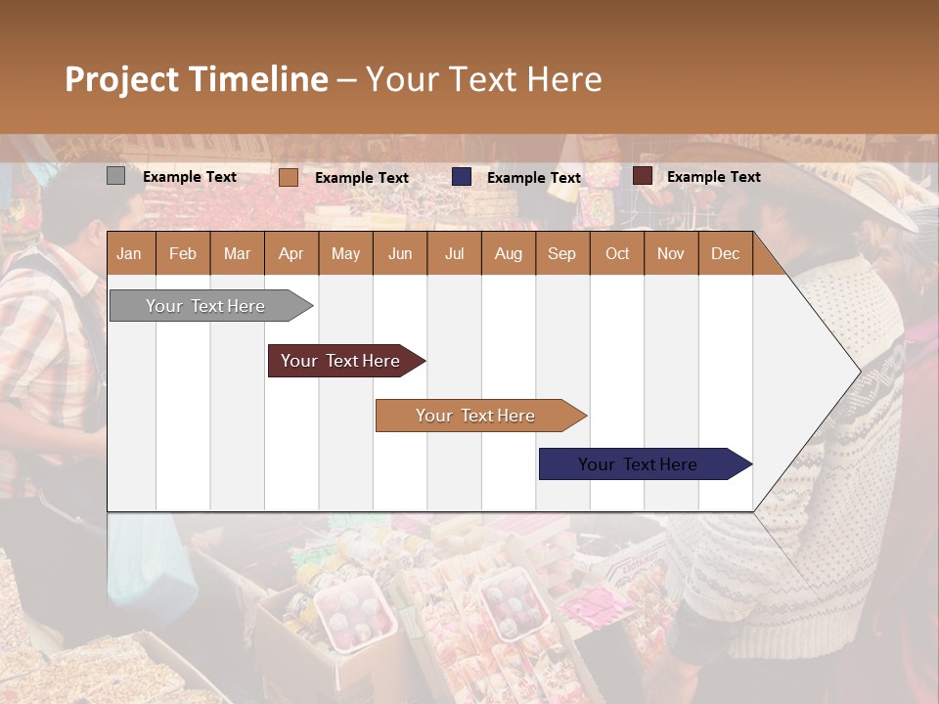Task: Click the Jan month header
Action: [x=129, y=253]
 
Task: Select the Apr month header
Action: [x=291, y=253]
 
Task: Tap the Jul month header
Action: [x=454, y=253]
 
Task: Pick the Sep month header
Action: [x=561, y=253]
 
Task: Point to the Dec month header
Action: [x=725, y=253]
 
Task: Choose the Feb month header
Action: [x=183, y=253]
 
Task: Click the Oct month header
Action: [x=617, y=253]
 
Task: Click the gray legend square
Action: [x=115, y=176]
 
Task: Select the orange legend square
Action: [x=288, y=177]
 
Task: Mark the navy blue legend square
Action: [x=462, y=176]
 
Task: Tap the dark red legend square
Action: [x=643, y=176]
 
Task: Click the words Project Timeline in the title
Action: [x=196, y=79]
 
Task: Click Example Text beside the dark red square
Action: [x=713, y=177]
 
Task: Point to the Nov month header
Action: [x=670, y=253]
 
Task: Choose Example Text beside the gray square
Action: [x=189, y=177]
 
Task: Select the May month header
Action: [x=345, y=253]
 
